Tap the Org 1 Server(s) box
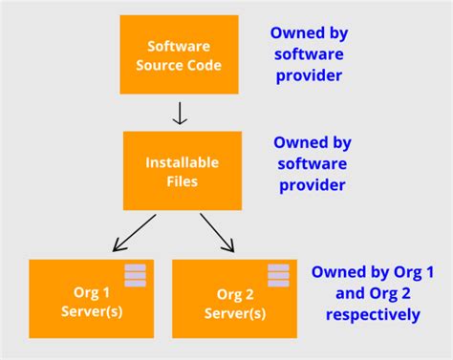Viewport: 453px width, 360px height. point(91,298)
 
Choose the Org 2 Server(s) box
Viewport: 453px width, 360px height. point(233,298)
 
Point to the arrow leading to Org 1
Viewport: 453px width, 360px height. point(135,233)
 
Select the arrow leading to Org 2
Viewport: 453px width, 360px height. point(218,233)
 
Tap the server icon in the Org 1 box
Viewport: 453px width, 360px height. point(135,275)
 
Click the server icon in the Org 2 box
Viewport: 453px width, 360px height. point(278,275)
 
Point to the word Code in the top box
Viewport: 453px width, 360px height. point(205,66)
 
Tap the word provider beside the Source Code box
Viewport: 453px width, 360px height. point(308,74)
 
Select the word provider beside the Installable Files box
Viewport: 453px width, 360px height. point(312,184)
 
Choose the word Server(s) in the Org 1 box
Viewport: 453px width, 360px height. point(92,310)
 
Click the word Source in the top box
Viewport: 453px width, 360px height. point(166,66)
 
